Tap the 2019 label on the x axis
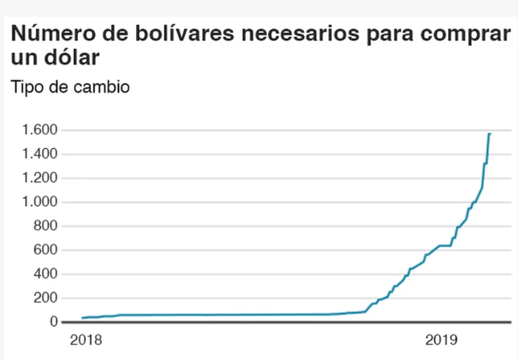441,340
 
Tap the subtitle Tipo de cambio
69,87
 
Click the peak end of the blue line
490,134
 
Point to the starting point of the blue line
83,318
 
